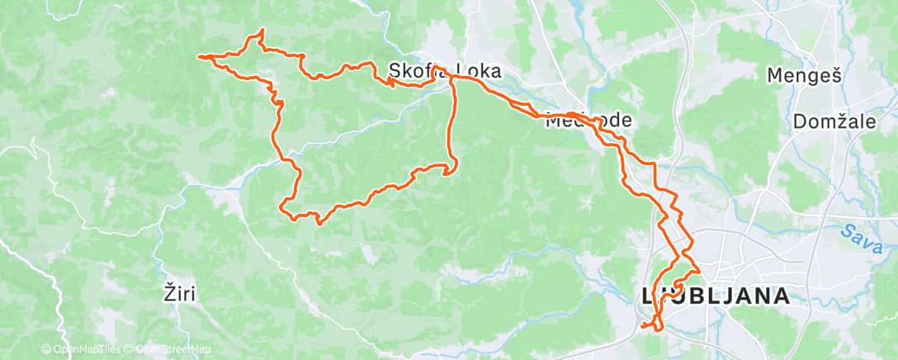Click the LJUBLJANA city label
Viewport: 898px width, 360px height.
pos(715,297)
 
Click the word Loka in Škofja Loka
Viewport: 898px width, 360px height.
pos(478,72)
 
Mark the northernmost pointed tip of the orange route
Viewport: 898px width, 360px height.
pos(262,31)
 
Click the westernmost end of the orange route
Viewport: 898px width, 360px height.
pos(198,56)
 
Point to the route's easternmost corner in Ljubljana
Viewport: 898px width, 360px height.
pos(700,269)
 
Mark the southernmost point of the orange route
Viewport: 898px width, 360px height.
pos(658,329)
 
